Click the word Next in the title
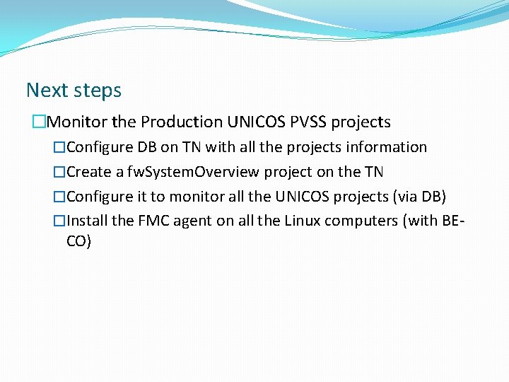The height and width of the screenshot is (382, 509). [x=46, y=91]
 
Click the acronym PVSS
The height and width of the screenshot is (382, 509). [x=308, y=122]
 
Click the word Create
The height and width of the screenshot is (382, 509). [x=88, y=172]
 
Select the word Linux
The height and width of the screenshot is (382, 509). [x=303, y=221]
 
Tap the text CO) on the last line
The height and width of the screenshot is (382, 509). [x=78, y=241]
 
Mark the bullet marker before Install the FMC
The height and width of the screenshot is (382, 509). [x=59, y=221]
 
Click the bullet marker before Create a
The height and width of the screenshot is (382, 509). [x=59, y=172]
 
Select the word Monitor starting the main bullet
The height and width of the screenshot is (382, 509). [x=76, y=122]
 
